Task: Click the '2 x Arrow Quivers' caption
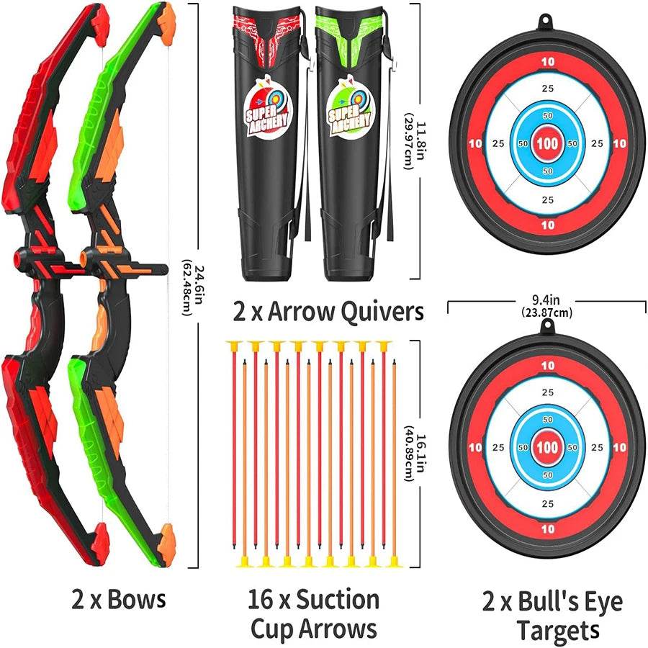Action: click(x=328, y=312)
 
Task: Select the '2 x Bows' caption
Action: click(x=119, y=599)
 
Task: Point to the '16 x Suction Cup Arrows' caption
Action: click(x=313, y=613)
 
